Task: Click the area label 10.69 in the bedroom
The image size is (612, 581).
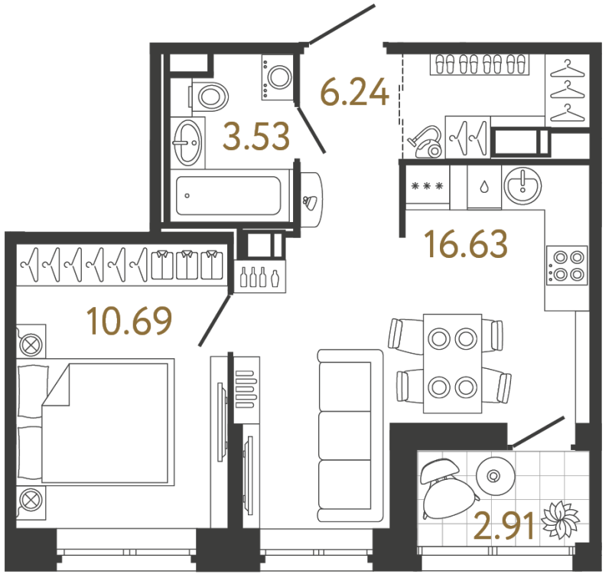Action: [x=129, y=321]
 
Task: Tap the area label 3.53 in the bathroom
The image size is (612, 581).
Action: [x=256, y=136]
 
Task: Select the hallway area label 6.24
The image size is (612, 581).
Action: [x=354, y=92]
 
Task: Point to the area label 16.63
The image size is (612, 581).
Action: [x=467, y=243]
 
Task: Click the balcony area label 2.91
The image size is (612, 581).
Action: [x=504, y=526]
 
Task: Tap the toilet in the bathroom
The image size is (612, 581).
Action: [x=209, y=96]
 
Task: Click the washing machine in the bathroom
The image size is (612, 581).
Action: [x=278, y=78]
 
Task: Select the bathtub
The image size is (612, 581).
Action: [x=228, y=195]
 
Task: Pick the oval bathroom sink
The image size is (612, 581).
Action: [x=188, y=142]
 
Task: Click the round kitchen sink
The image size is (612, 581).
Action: [x=522, y=186]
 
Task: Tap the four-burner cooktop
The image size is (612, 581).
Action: [x=567, y=266]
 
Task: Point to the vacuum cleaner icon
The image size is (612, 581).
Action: [x=425, y=142]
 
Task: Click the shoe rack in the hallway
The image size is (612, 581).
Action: [x=480, y=64]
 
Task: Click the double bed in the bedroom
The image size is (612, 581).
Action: [x=96, y=422]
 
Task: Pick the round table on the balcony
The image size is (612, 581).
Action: [x=496, y=475]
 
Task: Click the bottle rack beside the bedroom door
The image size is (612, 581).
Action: [x=260, y=276]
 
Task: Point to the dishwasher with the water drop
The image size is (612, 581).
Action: [x=484, y=187]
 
